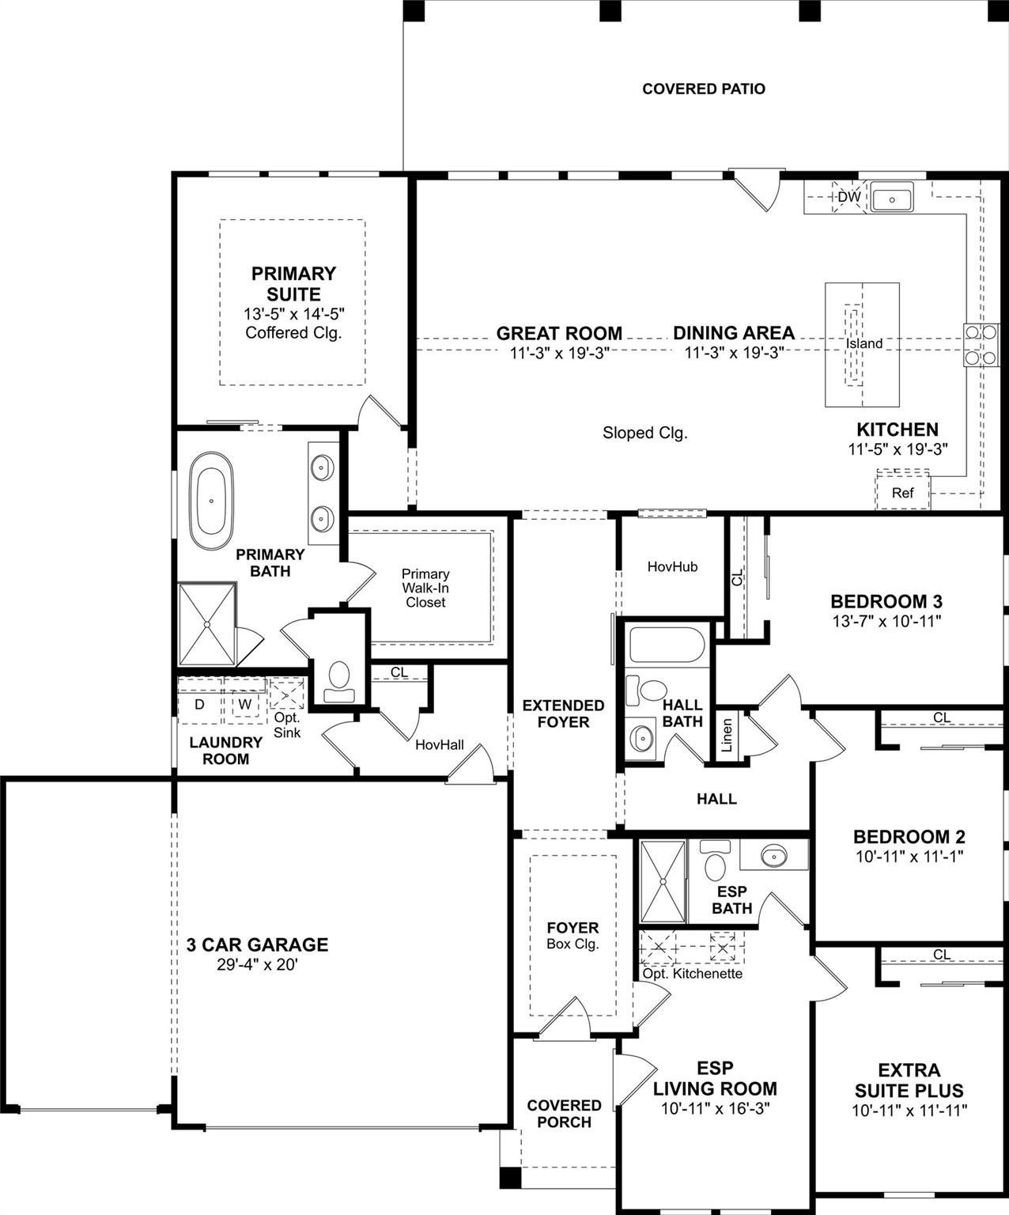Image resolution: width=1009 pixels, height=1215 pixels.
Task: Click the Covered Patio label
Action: click(703, 89)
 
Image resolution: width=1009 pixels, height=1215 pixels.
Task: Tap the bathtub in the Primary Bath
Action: click(211, 501)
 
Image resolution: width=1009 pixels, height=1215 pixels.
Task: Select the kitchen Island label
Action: click(864, 343)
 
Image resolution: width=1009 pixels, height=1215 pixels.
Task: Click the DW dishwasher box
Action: click(848, 196)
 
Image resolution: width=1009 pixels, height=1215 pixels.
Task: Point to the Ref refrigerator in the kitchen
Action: click(902, 492)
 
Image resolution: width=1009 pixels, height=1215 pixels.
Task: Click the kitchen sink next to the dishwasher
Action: click(892, 197)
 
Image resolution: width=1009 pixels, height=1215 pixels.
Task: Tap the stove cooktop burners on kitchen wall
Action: click(979, 345)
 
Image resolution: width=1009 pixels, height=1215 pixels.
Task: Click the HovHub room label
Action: click(672, 566)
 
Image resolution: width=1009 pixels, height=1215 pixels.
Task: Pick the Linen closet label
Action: click(727, 735)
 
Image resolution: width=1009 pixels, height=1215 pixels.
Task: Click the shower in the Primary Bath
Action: click(206, 624)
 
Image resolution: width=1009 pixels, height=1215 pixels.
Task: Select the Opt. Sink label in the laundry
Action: click(286, 725)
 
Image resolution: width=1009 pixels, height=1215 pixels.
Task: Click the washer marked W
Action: click(245, 703)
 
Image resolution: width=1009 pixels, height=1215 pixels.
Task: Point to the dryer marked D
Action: click(199, 703)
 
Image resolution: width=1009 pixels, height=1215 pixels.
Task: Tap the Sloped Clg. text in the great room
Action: click(644, 433)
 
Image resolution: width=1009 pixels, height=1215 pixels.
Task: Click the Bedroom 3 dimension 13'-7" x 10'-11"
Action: click(886, 621)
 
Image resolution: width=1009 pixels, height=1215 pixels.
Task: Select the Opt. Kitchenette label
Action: click(692, 973)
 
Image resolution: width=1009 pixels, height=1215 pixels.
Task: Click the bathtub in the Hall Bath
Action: click(666, 645)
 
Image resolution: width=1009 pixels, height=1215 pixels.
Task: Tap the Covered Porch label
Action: click(564, 1113)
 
